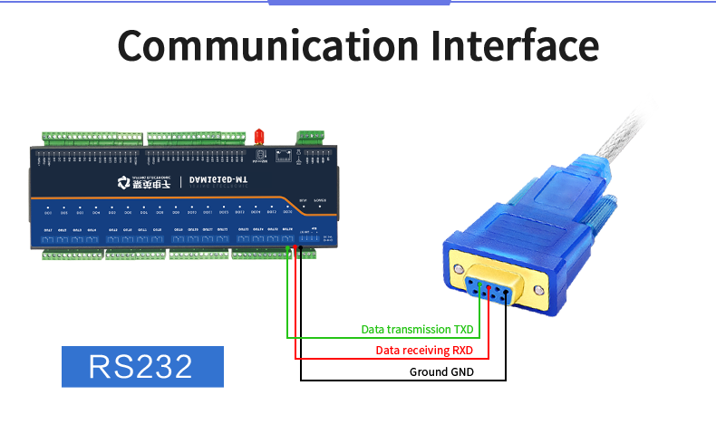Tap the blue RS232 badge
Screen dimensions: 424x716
[x=140, y=366]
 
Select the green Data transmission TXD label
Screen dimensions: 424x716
[x=417, y=329]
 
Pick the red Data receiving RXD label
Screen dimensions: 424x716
[x=424, y=351]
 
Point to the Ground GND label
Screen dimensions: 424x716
[x=442, y=372]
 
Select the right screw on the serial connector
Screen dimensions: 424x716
[x=540, y=291]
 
